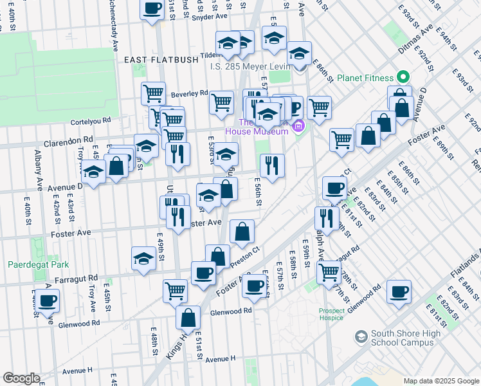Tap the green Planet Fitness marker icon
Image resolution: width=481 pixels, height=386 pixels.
pos(403,78)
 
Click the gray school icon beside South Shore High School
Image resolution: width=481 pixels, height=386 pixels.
pos(360,336)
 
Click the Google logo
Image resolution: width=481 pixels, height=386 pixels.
pos(21,378)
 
